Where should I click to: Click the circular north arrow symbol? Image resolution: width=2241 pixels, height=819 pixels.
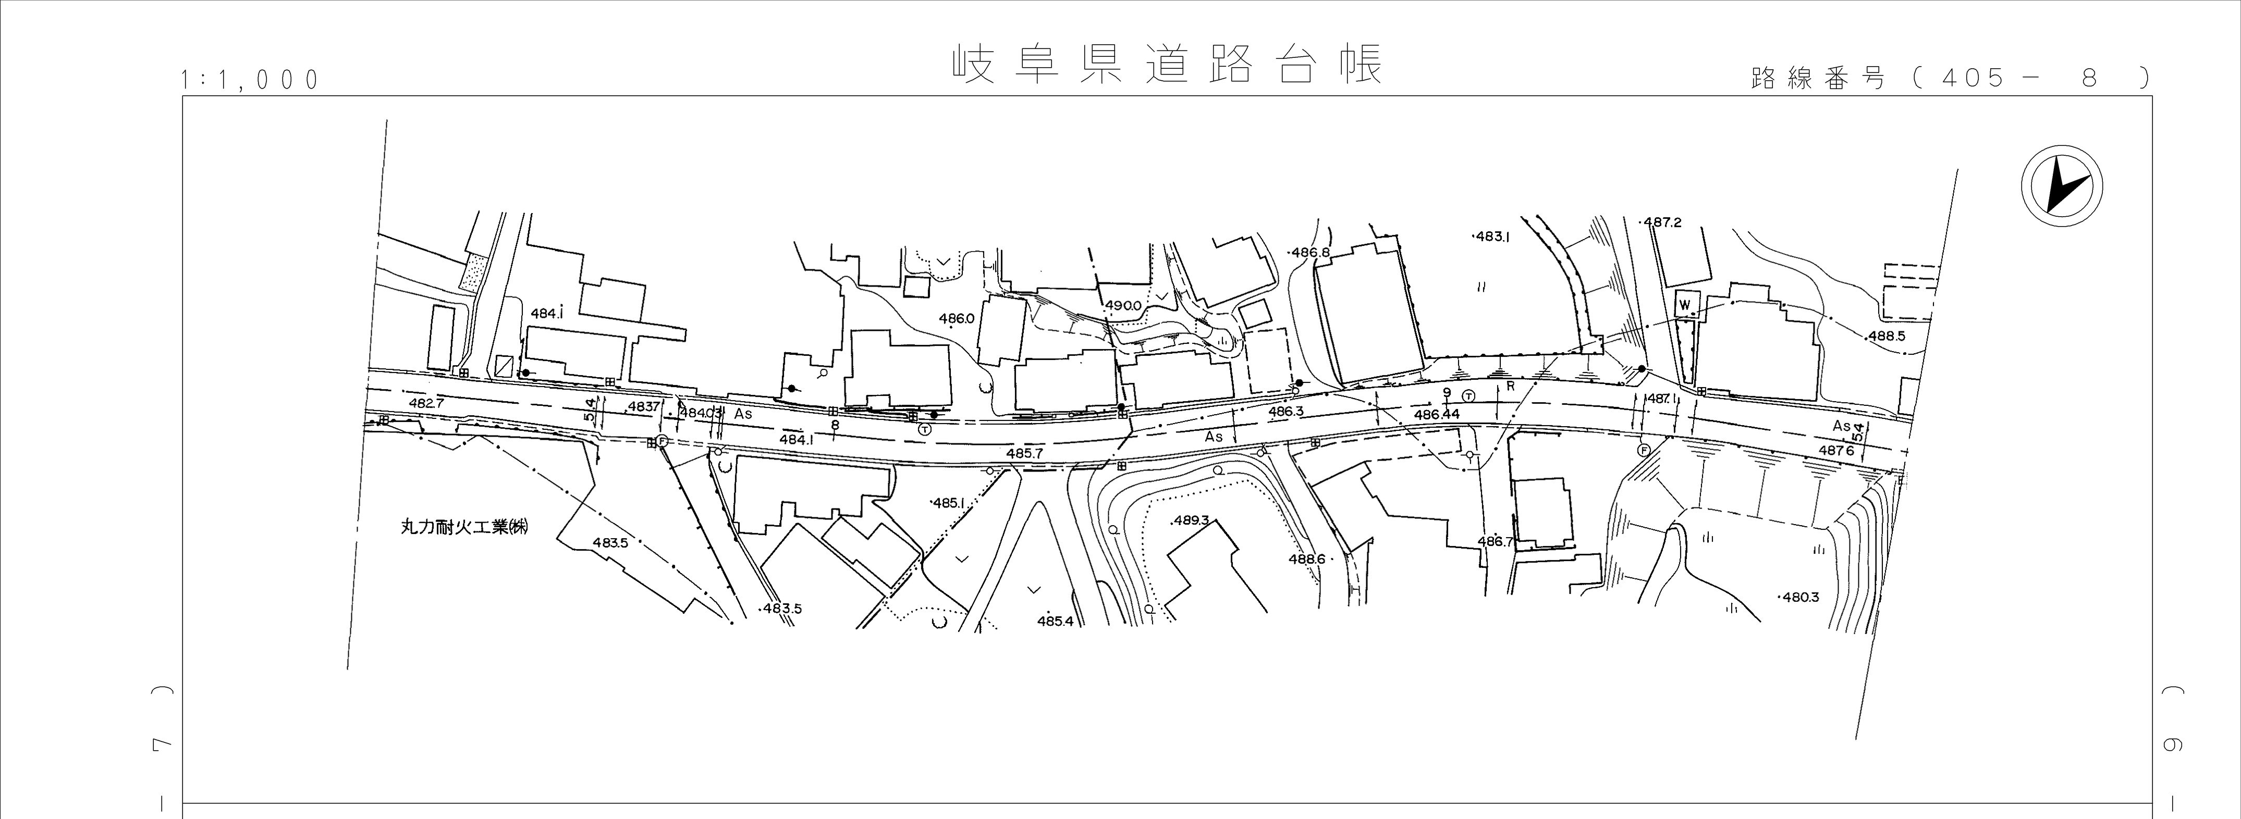[2061, 187]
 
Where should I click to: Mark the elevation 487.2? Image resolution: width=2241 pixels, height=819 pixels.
[1662, 222]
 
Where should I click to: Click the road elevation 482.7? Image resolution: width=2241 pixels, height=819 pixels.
[426, 403]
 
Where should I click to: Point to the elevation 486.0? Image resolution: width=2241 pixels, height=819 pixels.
[956, 319]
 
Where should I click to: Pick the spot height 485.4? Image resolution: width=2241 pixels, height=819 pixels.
[1055, 622]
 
